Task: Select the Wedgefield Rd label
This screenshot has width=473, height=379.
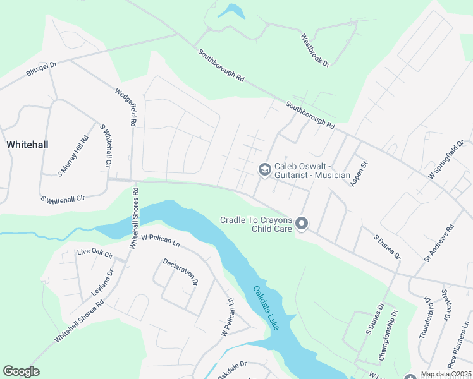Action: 125,108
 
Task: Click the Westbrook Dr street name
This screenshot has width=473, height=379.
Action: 316,51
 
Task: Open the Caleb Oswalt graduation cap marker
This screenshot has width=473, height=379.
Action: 264,169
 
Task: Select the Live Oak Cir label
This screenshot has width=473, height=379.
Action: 95,253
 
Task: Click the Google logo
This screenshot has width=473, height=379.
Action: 21,371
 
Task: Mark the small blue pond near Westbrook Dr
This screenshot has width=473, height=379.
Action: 231,11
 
